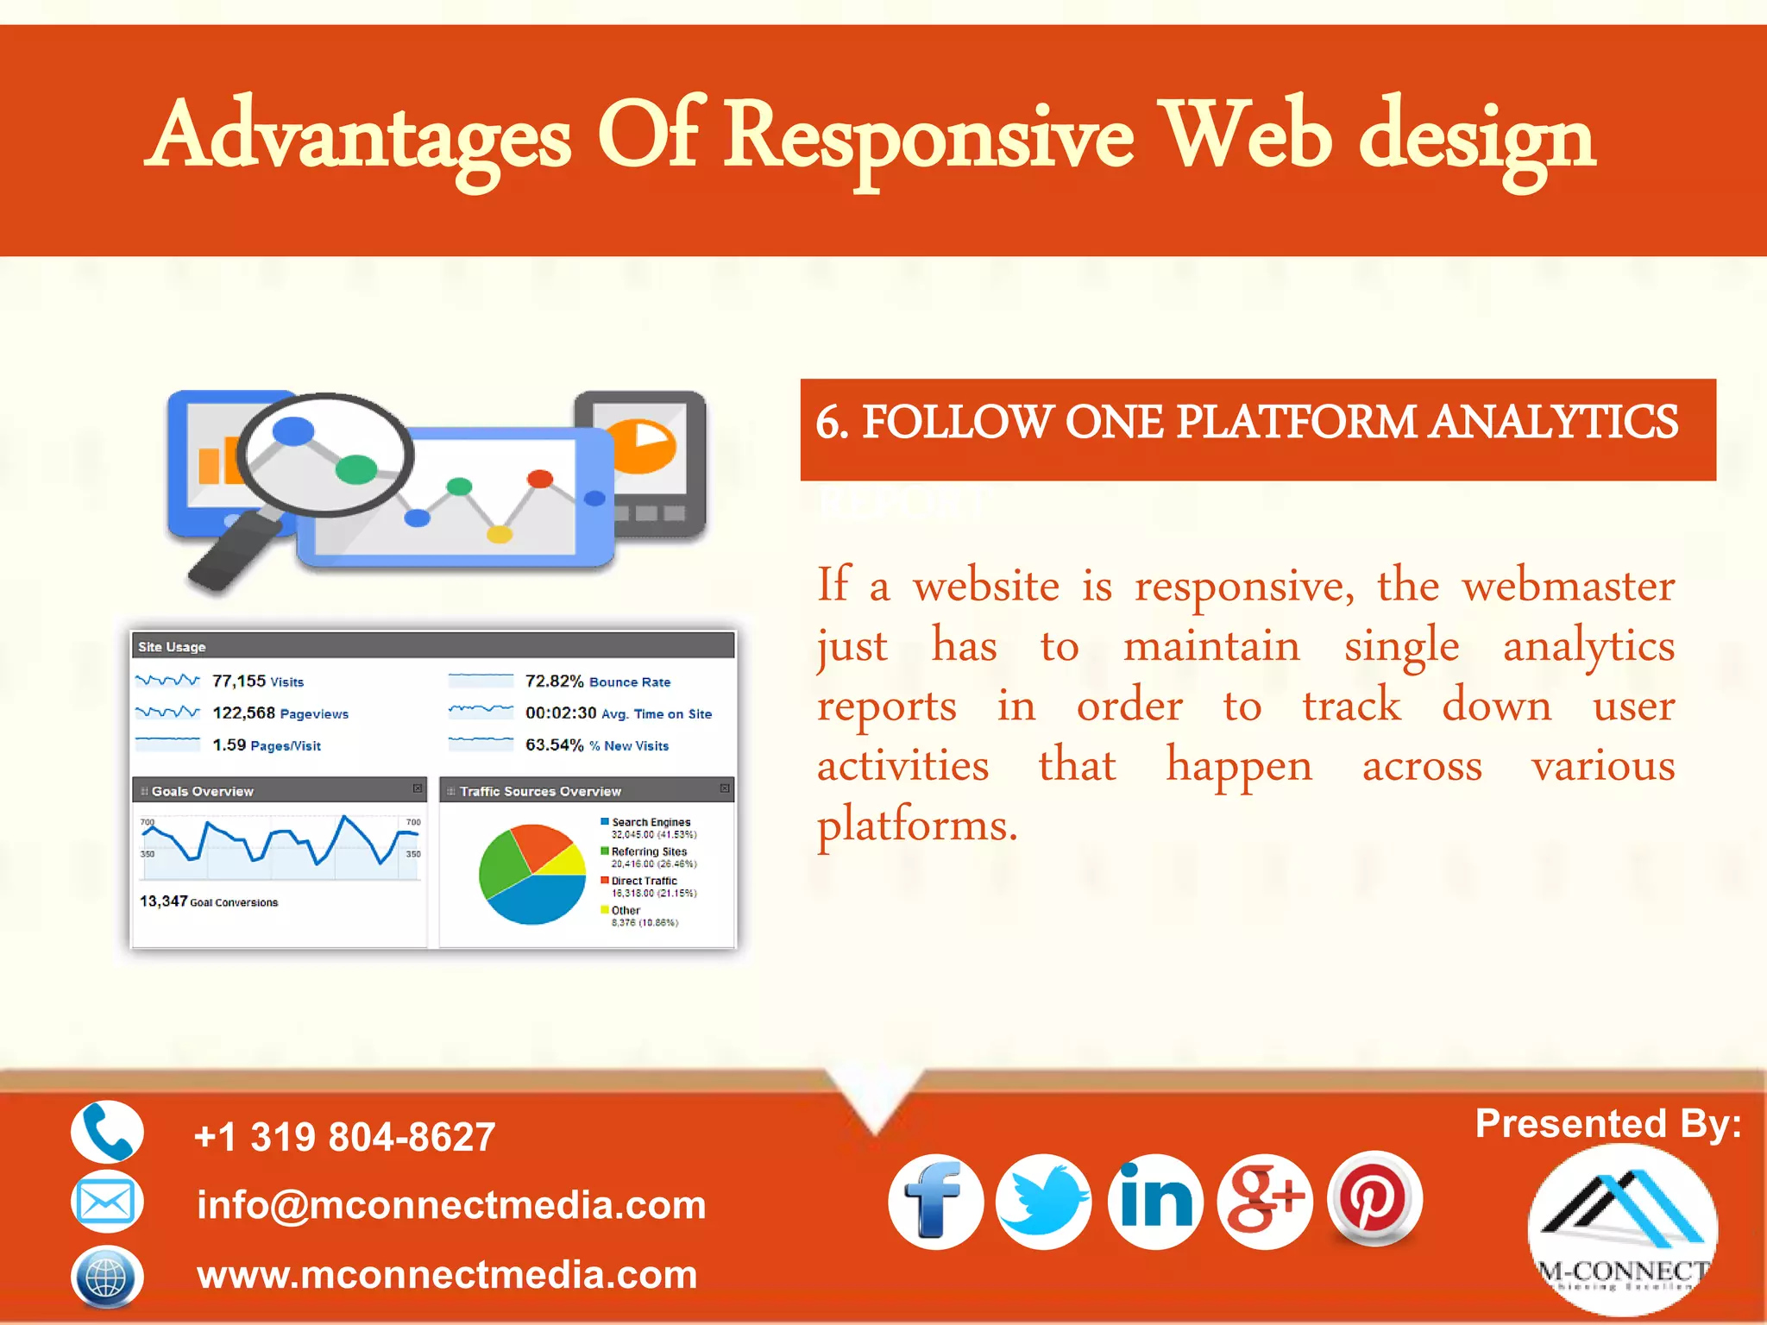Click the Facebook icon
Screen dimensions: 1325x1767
click(936, 1202)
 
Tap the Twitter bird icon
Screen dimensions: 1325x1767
click(1043, 1202)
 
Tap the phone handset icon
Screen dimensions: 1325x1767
click(107, 1132)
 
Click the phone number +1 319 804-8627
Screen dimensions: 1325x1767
click(345, 1137)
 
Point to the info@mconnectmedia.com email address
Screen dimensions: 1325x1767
click(451, 1205)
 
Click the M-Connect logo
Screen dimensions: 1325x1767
click(1622, 1229)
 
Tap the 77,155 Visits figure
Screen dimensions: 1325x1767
click(257, 681)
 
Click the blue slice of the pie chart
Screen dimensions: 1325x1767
click(539, 900)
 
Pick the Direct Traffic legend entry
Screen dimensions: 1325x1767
click(644, 882)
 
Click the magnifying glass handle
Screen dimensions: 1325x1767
click(231, 552)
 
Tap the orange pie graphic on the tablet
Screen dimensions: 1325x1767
click(643, 445)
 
